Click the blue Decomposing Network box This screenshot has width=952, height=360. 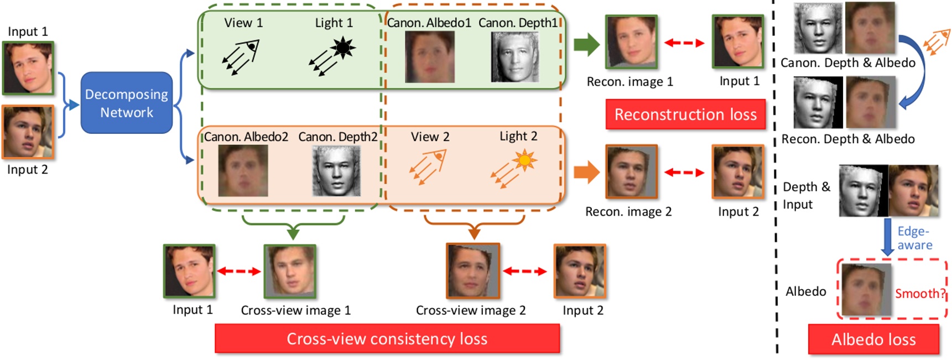[126, 103]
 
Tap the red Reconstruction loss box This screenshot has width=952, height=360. [685, 114]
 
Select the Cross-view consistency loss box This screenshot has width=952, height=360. [387, 338]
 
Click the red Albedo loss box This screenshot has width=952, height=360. [873, 339]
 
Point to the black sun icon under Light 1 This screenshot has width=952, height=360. [343, 48]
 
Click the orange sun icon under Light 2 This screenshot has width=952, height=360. [524, 161]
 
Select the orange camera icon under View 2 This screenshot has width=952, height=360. [428, 166]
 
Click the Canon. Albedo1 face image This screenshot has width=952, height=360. [429, 57]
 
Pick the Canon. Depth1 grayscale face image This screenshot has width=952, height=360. [514, 57]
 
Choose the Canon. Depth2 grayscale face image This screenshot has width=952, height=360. [336, 171]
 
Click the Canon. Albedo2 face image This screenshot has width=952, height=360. [243, 171]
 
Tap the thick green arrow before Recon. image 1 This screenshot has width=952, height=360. [586, 44]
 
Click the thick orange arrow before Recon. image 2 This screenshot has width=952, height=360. [586, 173]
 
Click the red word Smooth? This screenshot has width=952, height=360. [920, 293]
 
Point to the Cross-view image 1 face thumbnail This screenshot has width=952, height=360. [290, 271]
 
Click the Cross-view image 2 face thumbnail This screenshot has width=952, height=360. [473, 270]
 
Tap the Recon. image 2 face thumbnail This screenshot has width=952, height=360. [631, 171]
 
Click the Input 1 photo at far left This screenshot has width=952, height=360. [28, 67]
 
